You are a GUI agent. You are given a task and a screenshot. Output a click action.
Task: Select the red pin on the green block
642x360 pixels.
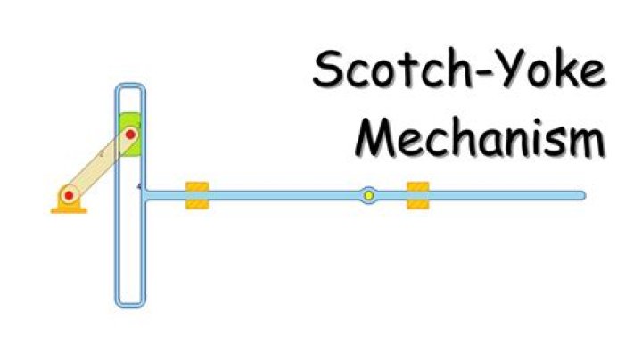pos(129,135)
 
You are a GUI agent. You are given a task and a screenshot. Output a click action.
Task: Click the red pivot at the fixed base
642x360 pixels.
pos(68,194)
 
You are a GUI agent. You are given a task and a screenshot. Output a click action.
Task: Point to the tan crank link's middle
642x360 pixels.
pos(99,165)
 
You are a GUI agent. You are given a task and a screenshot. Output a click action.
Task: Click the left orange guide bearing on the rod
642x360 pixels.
pos(197,195)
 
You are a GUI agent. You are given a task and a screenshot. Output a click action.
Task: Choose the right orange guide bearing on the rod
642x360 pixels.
pos(418,195)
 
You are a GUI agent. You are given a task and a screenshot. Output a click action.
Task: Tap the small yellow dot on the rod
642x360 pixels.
pos(367,195)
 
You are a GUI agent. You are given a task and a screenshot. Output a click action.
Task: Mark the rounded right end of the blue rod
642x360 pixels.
pos(581,195)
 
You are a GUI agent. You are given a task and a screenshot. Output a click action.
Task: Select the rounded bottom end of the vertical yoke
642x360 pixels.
pos(129,304)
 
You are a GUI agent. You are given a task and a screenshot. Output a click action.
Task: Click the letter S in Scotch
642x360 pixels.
pos(330,71)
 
